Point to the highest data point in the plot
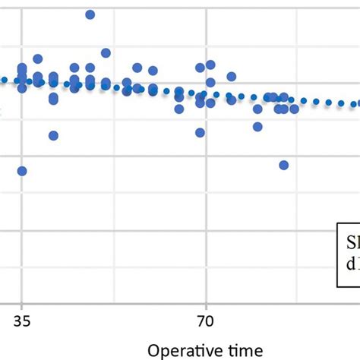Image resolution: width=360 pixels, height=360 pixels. pyautogui.click(x=90, y=14)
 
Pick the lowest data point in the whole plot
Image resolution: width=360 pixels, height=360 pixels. pyautogui.click(x=22, y=171)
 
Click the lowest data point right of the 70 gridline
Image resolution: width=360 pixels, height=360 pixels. pyautogui.click(x=284, y=165)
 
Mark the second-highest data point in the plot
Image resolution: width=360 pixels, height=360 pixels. pyautogui.click(x=106, y=53)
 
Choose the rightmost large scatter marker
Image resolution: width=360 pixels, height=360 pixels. pyautogui.click(x=294, y=109)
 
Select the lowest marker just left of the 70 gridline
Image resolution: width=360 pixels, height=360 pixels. pyautogui.click(x=200, y=132)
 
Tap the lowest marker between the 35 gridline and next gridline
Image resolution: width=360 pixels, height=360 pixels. pyautogui.click(x=53, y=135)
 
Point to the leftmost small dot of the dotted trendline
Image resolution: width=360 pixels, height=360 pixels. pyautogui.click(x=4, y=79)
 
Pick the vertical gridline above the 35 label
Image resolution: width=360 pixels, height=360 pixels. pyautogui.click(x=21, y=228)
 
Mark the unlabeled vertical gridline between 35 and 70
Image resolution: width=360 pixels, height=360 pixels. pyautogui.click(x=113, y=228)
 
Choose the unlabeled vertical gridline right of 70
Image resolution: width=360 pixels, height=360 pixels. pyautogui.click(x=297, y=228)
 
